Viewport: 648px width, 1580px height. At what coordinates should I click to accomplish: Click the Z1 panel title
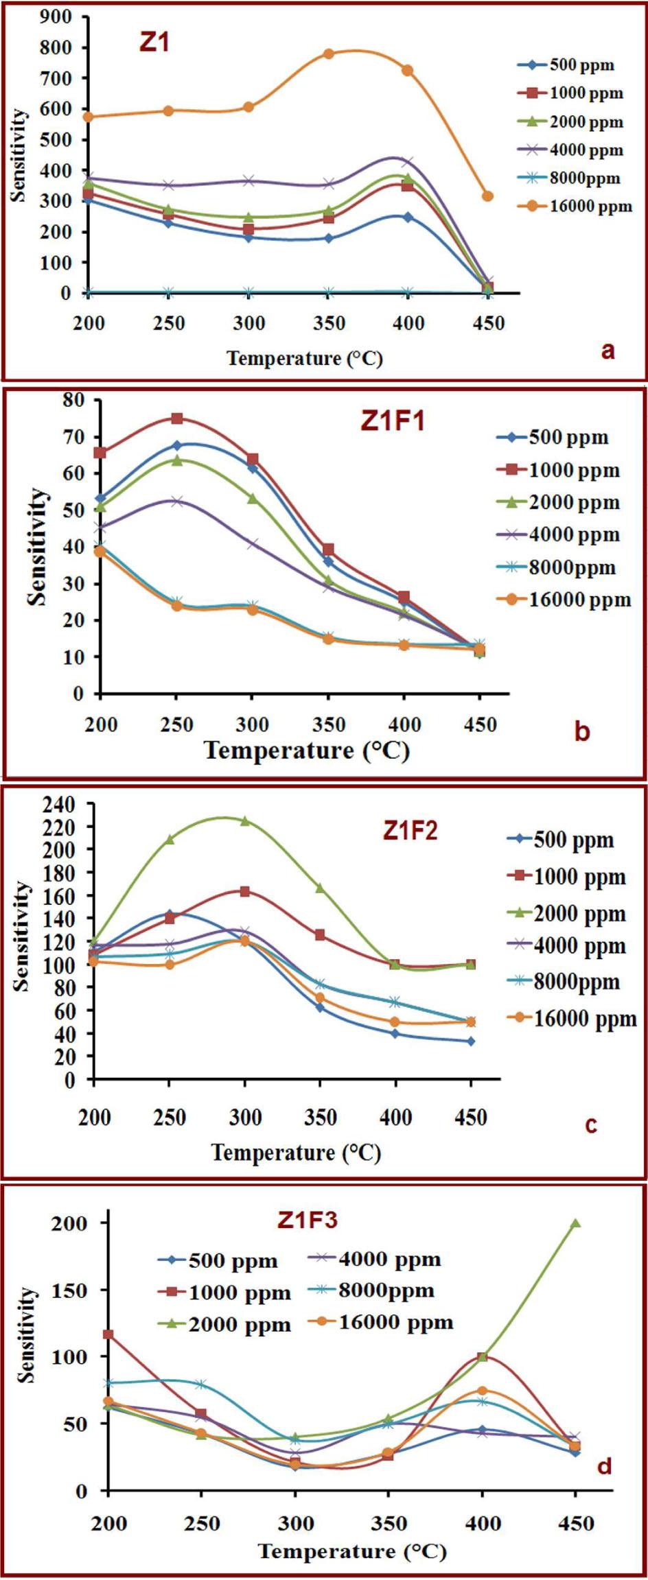click(x=154, y=43)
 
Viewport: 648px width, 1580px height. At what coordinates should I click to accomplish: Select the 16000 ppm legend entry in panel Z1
click(x=575, y=206)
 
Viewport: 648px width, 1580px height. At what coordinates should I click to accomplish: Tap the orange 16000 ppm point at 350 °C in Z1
click(x=329, y=54)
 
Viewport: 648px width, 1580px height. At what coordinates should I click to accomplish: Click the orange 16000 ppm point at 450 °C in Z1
click(x=488, y=196)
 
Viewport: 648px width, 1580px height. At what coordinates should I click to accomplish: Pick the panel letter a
click(x=607, y=351)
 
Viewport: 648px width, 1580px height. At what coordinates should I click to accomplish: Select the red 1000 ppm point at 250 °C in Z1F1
click(x=176, y=418)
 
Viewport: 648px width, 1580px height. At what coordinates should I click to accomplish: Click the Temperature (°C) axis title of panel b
click(x=307, y=750)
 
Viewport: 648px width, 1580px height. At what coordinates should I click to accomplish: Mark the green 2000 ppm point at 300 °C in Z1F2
click(x=244, y=821)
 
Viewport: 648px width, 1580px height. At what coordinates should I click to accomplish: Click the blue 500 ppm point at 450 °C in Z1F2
click(x=471, y=1041)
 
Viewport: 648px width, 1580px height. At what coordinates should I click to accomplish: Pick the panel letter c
click(x=591, y=1124)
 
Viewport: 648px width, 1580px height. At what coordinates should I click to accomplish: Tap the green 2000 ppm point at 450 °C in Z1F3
click(x=576, y=1223)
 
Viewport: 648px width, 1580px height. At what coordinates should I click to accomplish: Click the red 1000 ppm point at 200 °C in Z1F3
click(x=108, y=1334)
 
